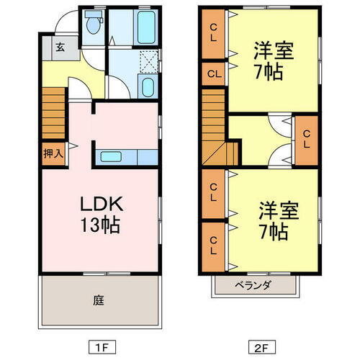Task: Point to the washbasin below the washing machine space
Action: [146, 89]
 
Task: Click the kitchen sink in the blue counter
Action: [112, 156]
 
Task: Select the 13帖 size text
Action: [99, 224]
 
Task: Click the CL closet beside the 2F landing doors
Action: [305, 138]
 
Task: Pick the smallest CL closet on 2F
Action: [215, 73]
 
